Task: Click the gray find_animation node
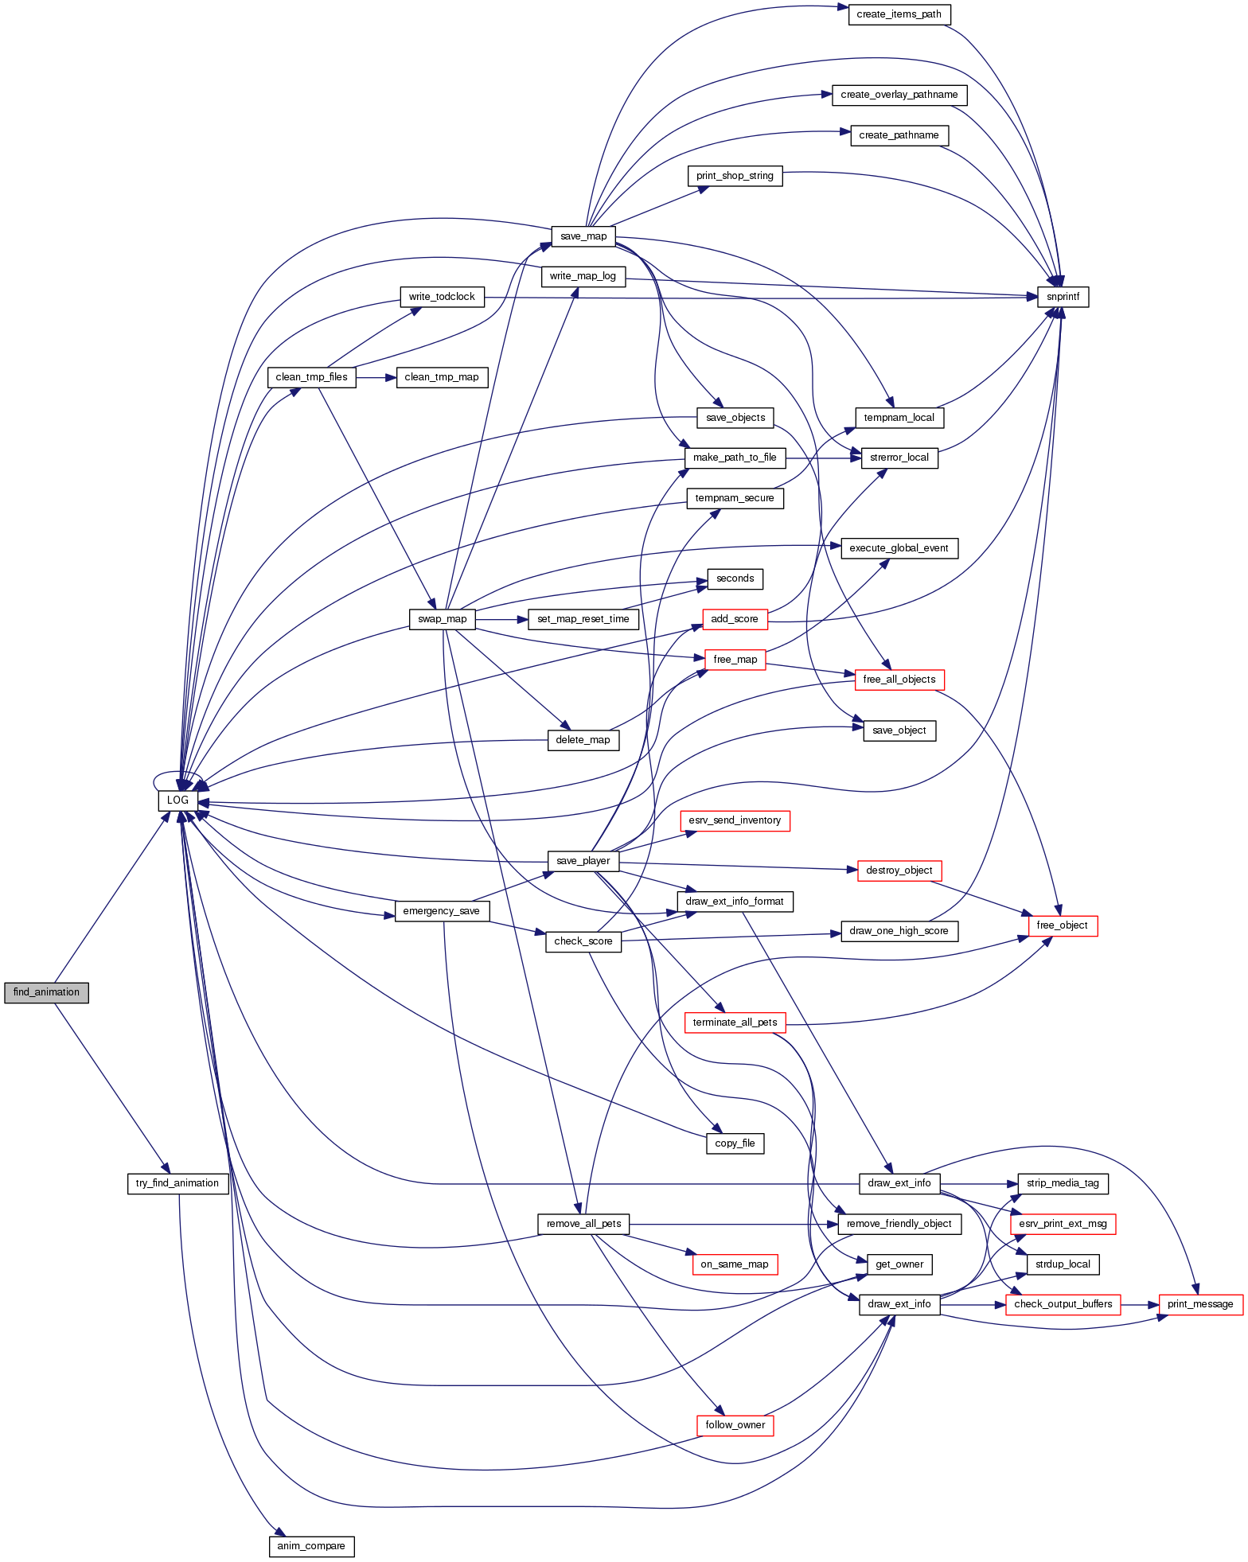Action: click(46, 992)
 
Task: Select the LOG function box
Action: click(177, 800)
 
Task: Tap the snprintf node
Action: click(1063, 297)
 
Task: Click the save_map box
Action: click(583, 236)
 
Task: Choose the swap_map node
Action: click(442, 619)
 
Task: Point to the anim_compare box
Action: click(311, 1546)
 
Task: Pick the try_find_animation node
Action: click(177, 1183)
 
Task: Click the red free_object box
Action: click(1062, 925)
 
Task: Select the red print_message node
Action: click(1200, 1304)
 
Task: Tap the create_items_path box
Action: click(899, 14)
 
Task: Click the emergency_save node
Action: click(442, 911)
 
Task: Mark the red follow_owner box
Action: click(735, 1425)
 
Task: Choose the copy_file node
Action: click(735, 1143)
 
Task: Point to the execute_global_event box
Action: click(899, 548)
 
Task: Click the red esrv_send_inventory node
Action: click(735, 820)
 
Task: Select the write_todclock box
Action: click(442, 297)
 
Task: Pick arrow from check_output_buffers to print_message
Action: click(1140, 1304)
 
